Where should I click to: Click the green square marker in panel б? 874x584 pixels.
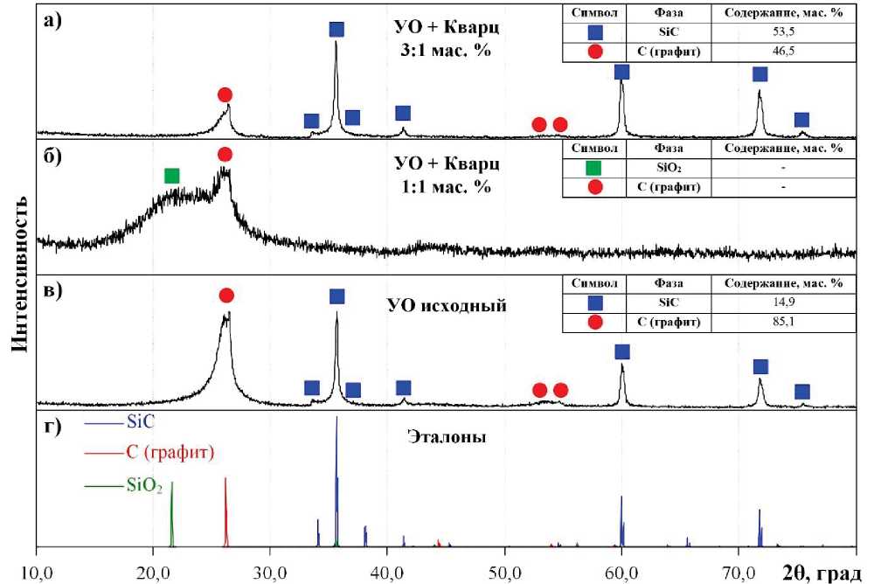(171, 176)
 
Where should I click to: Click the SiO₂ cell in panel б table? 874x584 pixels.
(667, 167)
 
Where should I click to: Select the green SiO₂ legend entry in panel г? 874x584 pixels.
(144, 488)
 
